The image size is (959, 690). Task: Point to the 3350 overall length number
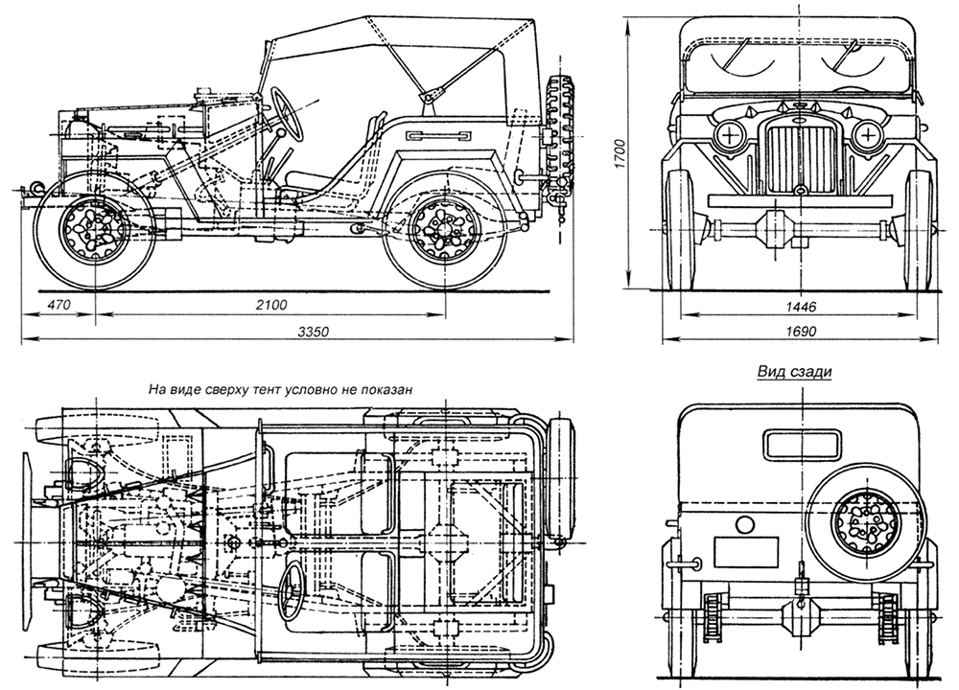point(313,332)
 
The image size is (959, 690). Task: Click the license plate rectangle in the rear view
point(745,551)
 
